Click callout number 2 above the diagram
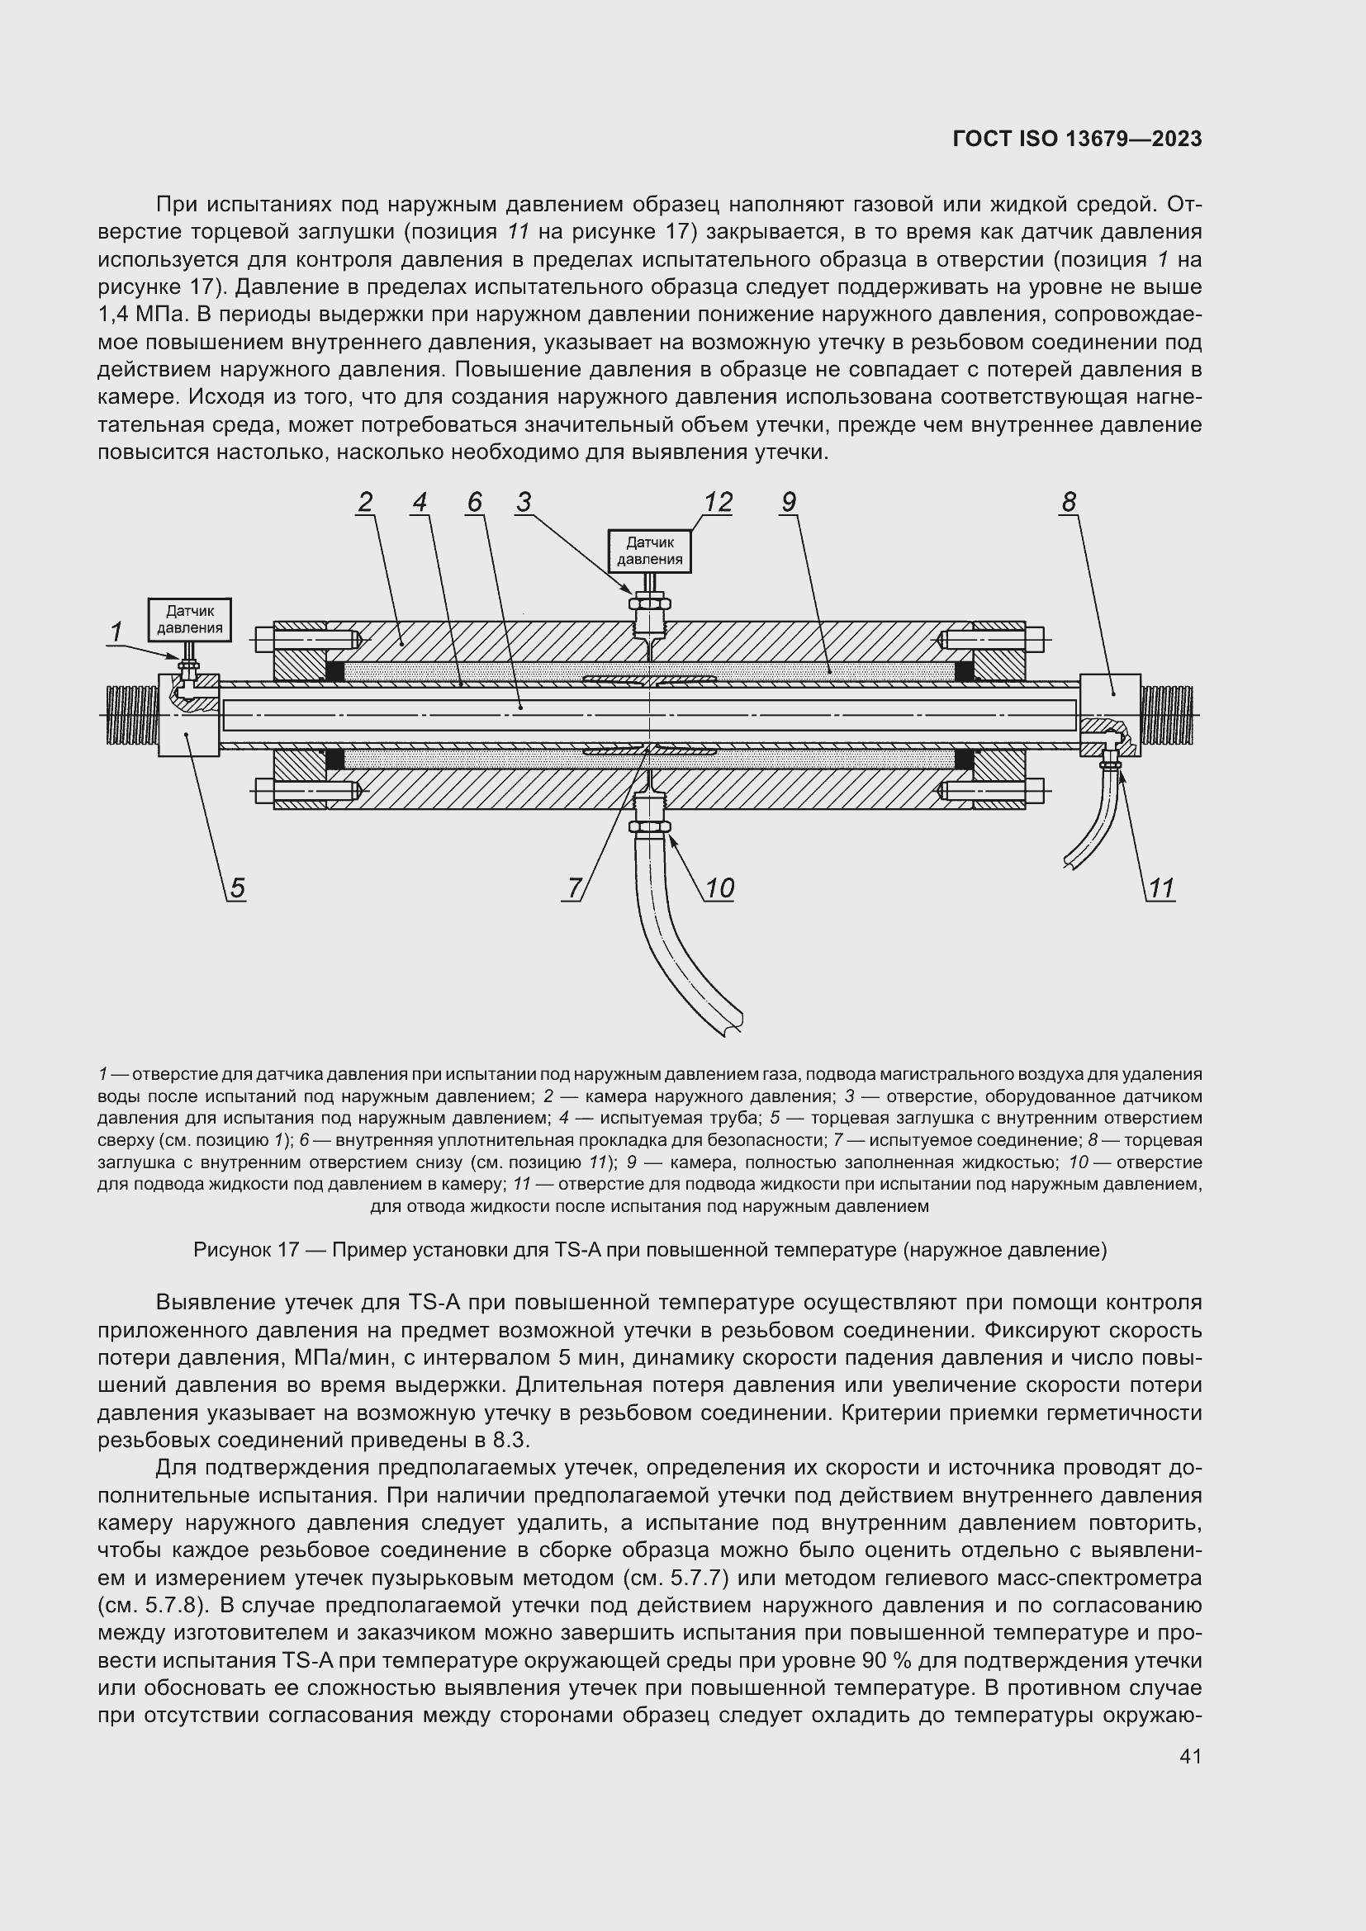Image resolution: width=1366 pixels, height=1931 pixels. coord(364,502)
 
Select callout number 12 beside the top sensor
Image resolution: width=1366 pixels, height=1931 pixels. coord(718,502)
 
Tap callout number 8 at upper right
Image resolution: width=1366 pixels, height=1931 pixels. coord(1068,502)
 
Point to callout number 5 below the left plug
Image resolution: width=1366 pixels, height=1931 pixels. coord(237,888)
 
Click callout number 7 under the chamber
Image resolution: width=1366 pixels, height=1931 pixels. coord(575,888)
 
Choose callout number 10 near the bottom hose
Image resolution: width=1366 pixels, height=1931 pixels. coord(719,888)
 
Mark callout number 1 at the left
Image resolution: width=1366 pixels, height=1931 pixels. coord(116,631)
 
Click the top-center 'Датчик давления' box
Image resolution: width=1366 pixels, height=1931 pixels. coord(649,551)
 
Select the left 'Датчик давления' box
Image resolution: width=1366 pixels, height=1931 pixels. coord(189,620)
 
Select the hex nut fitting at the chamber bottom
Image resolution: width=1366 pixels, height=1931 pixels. coord(649,827)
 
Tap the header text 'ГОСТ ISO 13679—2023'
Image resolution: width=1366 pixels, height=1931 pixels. coord(1078,139)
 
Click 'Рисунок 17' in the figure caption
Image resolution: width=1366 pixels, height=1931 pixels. coord(245,1250)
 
